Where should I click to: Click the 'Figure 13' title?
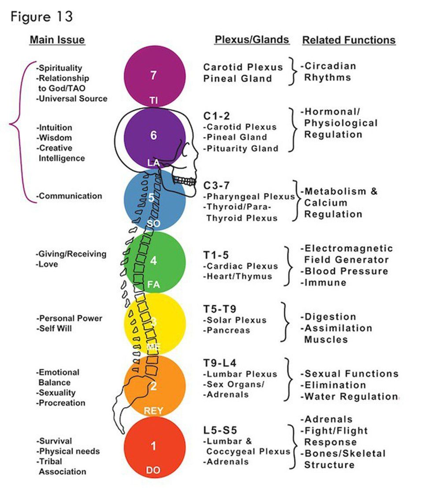(41, 17)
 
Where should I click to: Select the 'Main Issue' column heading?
(57, 40)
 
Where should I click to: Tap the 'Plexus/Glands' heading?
(252, 40)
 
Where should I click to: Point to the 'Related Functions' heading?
(349, 40)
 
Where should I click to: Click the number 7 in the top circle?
(153, 75)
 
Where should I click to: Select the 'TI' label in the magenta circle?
(153, 101)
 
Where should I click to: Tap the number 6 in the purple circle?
(153, 135)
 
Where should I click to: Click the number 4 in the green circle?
(153, 261)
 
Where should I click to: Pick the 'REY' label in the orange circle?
(153, 411)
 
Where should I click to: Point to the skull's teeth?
(184, 181)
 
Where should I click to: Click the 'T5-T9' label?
(220, 309)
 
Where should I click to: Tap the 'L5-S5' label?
(220, 430)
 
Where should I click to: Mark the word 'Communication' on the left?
(70, 196)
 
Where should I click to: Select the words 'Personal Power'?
(70, 319)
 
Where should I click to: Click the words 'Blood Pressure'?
(346, 271)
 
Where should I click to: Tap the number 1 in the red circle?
(153, 446)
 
